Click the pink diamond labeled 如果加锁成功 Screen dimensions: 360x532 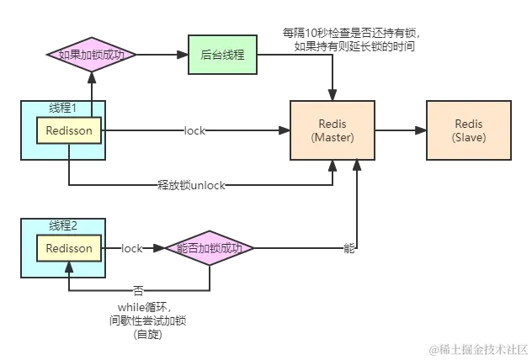click(x=92, y=56)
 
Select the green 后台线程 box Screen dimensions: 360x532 click(x=223, y=56)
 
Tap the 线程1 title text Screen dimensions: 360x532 click(x=63, y=108)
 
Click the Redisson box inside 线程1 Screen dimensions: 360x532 click(x=68, y=130)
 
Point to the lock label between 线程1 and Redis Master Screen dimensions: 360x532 click(x=195, y=131)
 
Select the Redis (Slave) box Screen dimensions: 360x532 click(x=469, y=131)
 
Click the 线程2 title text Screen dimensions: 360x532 click(x=63, y=225)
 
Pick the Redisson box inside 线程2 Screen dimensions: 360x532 click(x=68, y=248)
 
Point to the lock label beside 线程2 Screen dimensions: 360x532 click(x=132, y=248)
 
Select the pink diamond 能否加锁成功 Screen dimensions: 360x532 click(x=210, y=248)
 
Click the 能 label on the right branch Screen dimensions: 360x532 click(x=349, y=248)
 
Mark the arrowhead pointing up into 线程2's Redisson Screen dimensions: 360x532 click(x=69, y=267)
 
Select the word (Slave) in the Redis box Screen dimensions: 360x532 click(x=469, y=138)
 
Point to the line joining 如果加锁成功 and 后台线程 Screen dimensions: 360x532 click(x=160, y=56)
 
